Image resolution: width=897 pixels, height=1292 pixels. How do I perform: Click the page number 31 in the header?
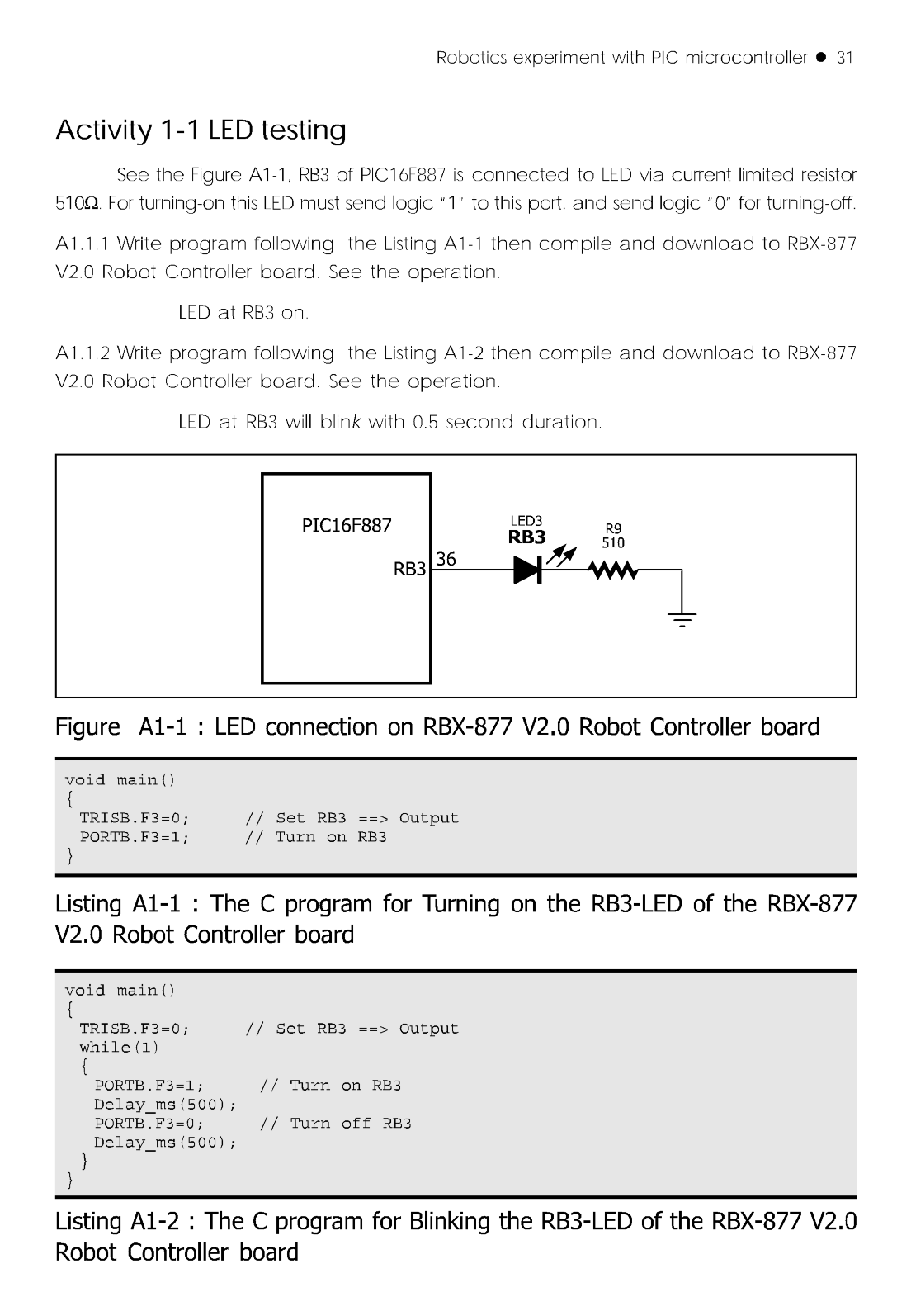pyautogui.click(x=844, y=58)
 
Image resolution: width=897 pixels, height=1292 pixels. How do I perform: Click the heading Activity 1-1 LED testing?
pyautogui.click(x=201, y=130)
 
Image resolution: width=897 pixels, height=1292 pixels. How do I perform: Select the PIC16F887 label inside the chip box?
pyautogui.click(x=347, y=526)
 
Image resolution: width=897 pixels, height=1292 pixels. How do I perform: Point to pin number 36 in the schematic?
pyautogui.click(x=446, y=559)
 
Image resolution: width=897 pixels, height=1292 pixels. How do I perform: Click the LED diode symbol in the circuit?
pyautogui.click(x=527, y=570)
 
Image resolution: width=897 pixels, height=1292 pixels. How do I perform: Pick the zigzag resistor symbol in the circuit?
pyautogui.click(x=611, y=570)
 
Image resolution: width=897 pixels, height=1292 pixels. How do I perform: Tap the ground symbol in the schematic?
pyautogui.click(x=682, y=618)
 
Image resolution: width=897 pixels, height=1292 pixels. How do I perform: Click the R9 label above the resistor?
pyautogui.click(x=613, y=528)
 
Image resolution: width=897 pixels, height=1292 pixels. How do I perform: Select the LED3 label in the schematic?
pyautogui.click(x=526, y=521)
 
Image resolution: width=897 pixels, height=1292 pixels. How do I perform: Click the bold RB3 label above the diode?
pyautogui.click(x=526, y=537)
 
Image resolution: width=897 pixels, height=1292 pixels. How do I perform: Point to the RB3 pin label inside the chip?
pyautogui.click(x=409, y=570)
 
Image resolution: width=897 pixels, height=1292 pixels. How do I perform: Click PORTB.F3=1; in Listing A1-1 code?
pyautogui.click(x=134, y=837)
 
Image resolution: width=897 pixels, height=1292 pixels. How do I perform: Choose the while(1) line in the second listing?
pyautogui.click(x=119, y=1048)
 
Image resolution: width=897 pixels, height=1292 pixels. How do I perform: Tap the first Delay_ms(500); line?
pyautogui.click(x=165, y=1105)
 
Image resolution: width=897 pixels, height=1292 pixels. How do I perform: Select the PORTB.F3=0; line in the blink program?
pyautogui.click(x=149, y=1124)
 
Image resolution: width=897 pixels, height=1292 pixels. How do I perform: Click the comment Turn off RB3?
pyautogui.click(x=350, y=1124)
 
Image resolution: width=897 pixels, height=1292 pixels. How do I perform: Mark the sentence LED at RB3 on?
pyautogui.click(x=243, y=313)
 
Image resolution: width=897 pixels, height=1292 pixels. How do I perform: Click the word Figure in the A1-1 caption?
pyautogui.click(x=87, y=727)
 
